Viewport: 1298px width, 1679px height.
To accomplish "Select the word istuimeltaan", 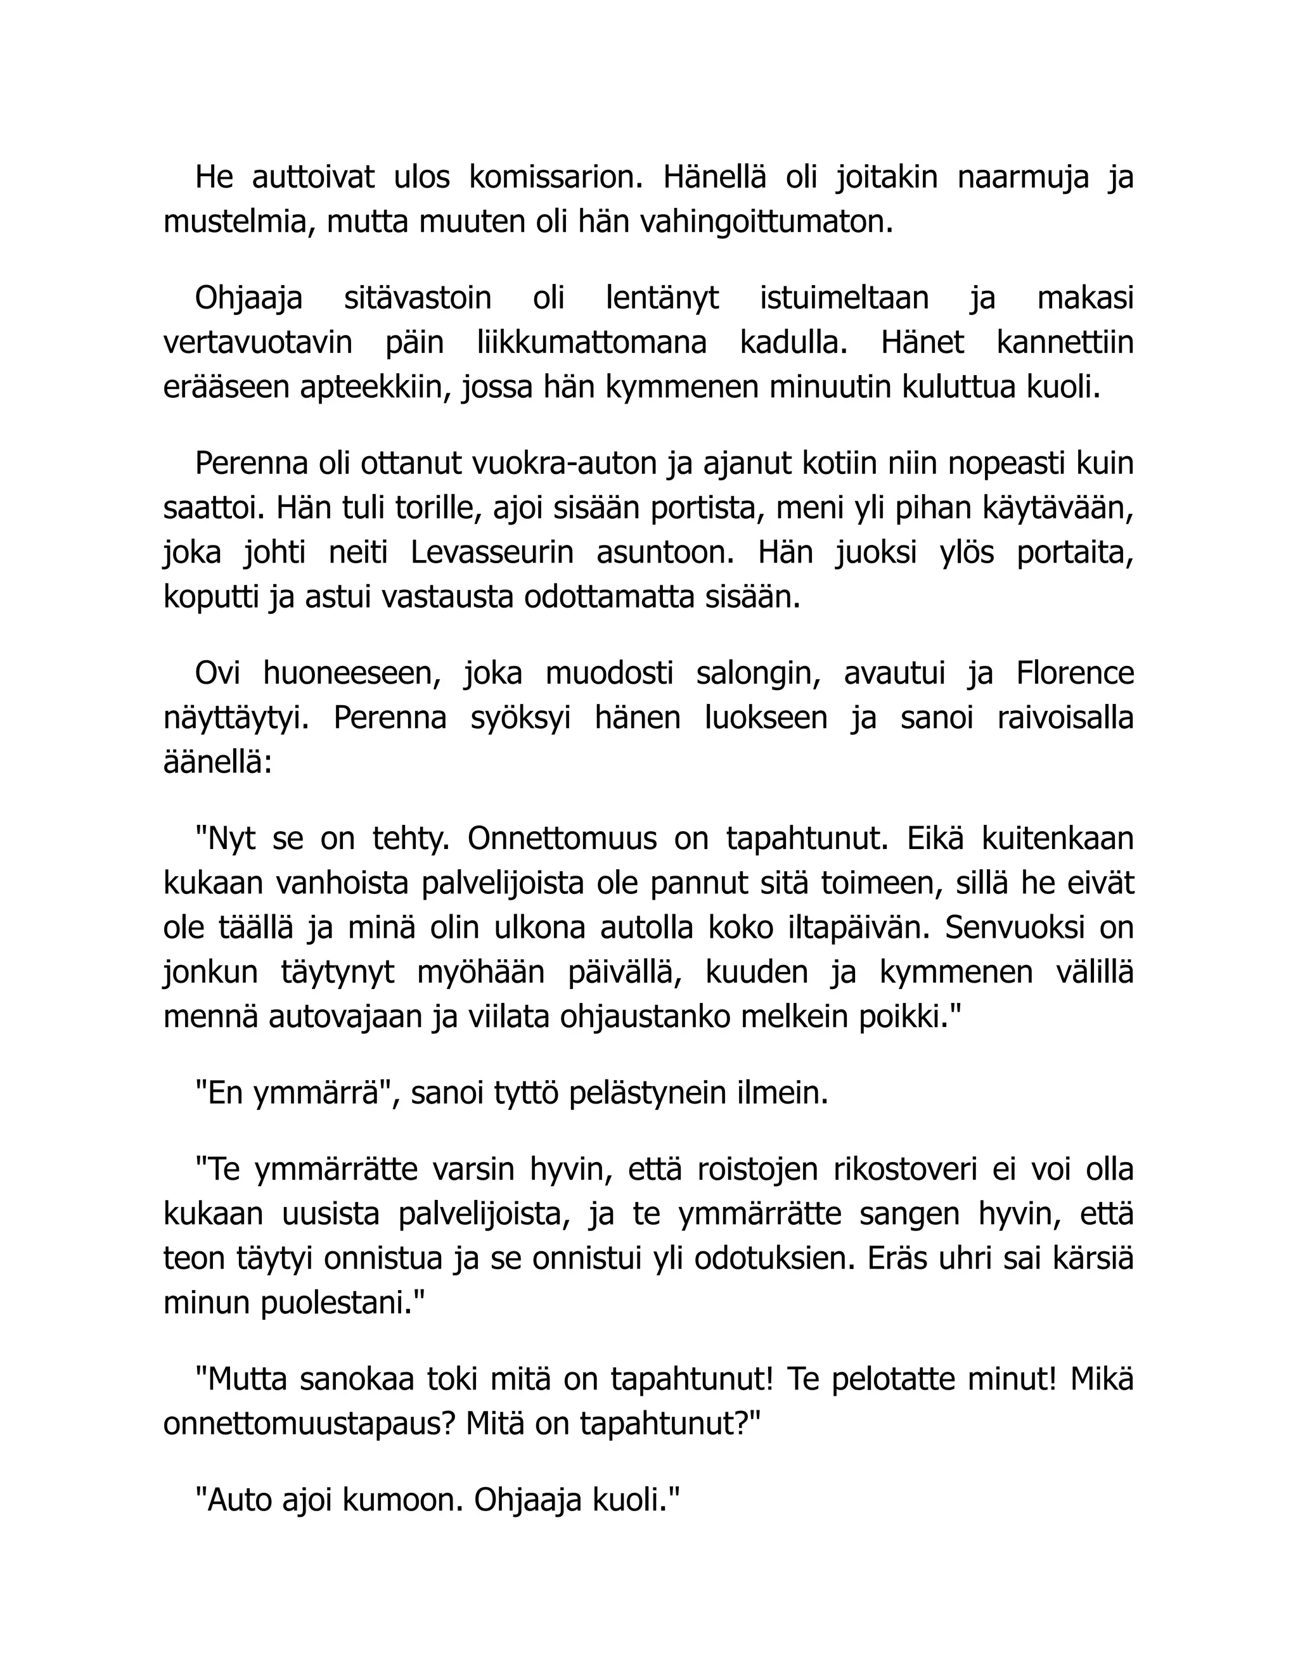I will coord(844,298).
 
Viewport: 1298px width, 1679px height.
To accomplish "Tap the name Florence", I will coord(1074,674).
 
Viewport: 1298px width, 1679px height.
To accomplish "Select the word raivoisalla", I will coord(1065,718).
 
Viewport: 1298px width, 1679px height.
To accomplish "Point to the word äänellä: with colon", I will coord(217,763).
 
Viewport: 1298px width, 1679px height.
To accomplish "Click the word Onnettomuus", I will coord(562,839).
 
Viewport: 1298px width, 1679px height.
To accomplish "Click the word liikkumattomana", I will coord(591,343).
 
